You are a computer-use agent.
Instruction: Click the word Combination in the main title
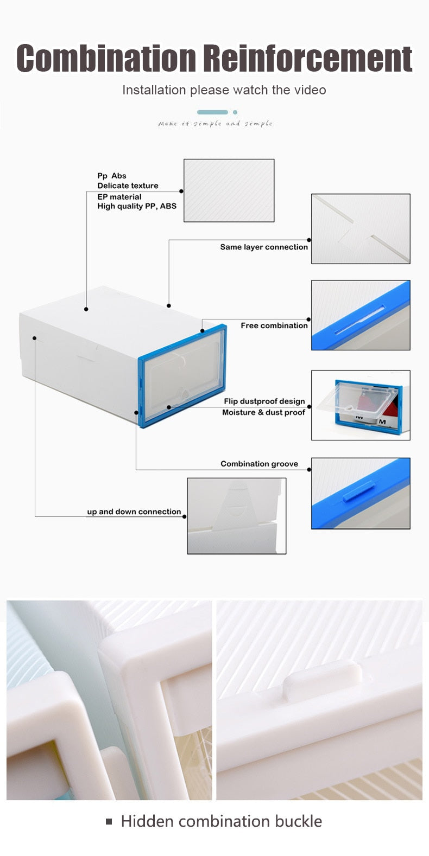point(106,59)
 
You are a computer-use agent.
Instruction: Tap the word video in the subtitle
point(310,90)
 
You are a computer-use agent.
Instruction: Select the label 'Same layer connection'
point(264,247)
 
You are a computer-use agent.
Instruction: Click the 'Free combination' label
point(274,325)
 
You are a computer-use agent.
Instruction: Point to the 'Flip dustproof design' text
point(264,401)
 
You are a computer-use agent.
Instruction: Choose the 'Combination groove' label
point(259,464)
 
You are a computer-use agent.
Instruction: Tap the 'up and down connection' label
point(134,512)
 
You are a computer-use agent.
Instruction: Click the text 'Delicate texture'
point(128,186)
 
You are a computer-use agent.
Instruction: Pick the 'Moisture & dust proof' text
point(263,412)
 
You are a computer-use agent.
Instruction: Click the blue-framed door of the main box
point(182,375)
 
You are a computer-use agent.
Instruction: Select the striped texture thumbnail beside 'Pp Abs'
point(229,190)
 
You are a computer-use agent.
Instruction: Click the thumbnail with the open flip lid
point(361,405)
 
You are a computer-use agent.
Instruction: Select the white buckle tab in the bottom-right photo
point(323,684)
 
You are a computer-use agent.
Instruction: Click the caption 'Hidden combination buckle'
point(221,821)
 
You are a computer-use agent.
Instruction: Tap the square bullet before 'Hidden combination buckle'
point(109,822)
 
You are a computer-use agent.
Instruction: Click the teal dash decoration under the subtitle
point(212,112)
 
